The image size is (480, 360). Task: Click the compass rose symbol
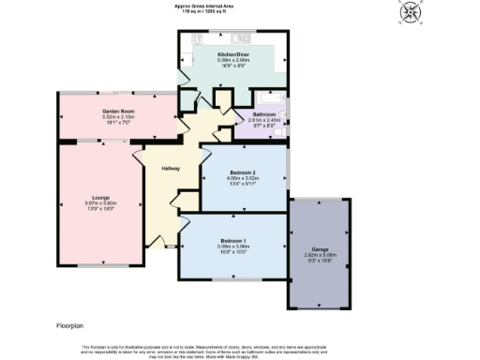pyautogui.click(x=410, y=13)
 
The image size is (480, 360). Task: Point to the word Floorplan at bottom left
pyautogui.click(x=70, y=324)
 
